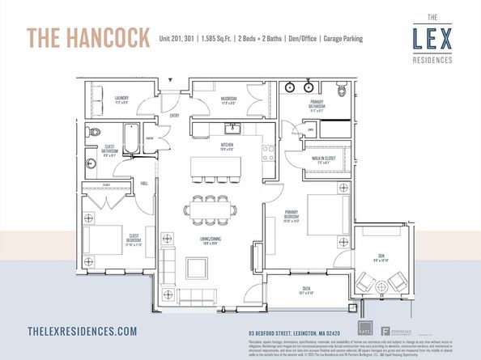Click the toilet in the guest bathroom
95,131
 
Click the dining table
211,210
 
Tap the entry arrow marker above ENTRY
171,79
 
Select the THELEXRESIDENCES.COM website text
82,331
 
